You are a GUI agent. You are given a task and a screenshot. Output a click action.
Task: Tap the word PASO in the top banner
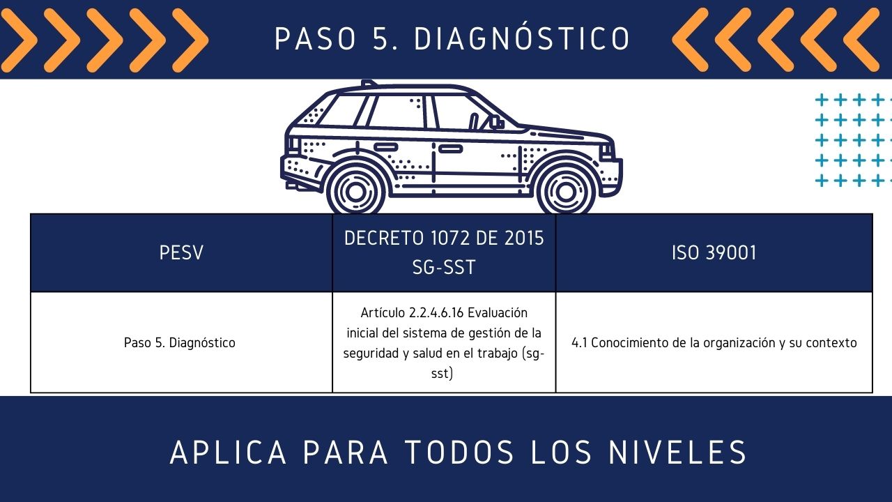coord(315,38)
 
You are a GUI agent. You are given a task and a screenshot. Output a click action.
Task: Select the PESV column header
coord(181,252)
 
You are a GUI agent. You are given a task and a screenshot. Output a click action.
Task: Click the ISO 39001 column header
coord(714,252)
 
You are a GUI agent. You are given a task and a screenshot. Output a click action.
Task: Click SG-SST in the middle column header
coord(444,267)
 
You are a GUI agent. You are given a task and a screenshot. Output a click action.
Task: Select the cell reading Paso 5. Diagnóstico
coord(180,342)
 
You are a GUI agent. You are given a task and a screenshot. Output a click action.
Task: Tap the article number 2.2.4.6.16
coord(436,313)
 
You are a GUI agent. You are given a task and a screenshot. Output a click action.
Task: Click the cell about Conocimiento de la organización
coord(714,342)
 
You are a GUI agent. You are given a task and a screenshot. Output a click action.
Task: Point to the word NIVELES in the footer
coord(677,452)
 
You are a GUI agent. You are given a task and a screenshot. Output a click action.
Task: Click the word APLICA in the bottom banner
coord(228,452)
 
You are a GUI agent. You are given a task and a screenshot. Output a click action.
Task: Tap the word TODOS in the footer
coord(459,452)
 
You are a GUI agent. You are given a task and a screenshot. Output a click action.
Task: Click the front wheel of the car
coord(565,192)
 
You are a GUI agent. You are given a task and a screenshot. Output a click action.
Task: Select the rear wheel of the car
coord(355,192)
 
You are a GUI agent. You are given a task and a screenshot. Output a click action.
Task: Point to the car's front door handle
coord(450,149)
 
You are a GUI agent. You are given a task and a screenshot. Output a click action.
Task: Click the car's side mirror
coord(495,122)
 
